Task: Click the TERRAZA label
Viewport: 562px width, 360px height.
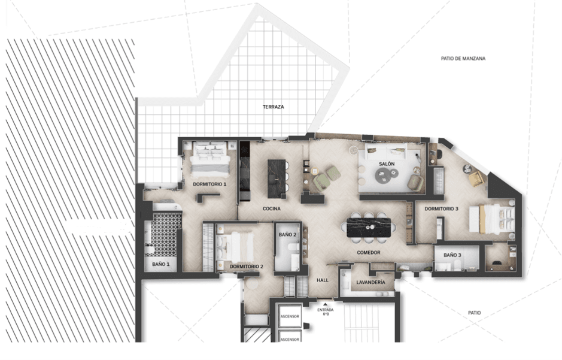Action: (273, 107)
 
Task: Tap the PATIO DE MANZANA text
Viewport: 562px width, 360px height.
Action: (463, 59)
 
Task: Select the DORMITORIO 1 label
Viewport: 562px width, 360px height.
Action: (209, 184)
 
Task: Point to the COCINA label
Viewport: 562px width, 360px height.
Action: (271, 208)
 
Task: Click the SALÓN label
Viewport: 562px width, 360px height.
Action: (387, 164)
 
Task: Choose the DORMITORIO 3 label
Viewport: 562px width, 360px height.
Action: (441, 208)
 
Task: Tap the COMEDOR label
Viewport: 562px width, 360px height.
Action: (369, 253)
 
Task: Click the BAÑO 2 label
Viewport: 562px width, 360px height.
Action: (287, 235)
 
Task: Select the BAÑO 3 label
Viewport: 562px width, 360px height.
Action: (452, 255)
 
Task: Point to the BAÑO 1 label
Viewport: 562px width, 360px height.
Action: (160, 264)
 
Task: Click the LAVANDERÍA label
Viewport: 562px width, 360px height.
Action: (370, 283)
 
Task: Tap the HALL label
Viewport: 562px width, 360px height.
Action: (323, 280)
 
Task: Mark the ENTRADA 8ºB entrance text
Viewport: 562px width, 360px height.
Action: (326, 312)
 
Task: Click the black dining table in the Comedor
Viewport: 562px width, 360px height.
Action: (369, 228)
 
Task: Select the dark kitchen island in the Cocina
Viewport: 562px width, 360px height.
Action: (277, 179)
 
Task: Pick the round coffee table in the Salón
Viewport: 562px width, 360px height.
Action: (384, 176)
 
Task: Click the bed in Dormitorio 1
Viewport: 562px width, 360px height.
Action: (210, 159)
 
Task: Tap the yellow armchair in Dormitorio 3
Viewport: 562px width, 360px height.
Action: (476, 179)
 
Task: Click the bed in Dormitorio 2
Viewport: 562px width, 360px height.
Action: (235, 247)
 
